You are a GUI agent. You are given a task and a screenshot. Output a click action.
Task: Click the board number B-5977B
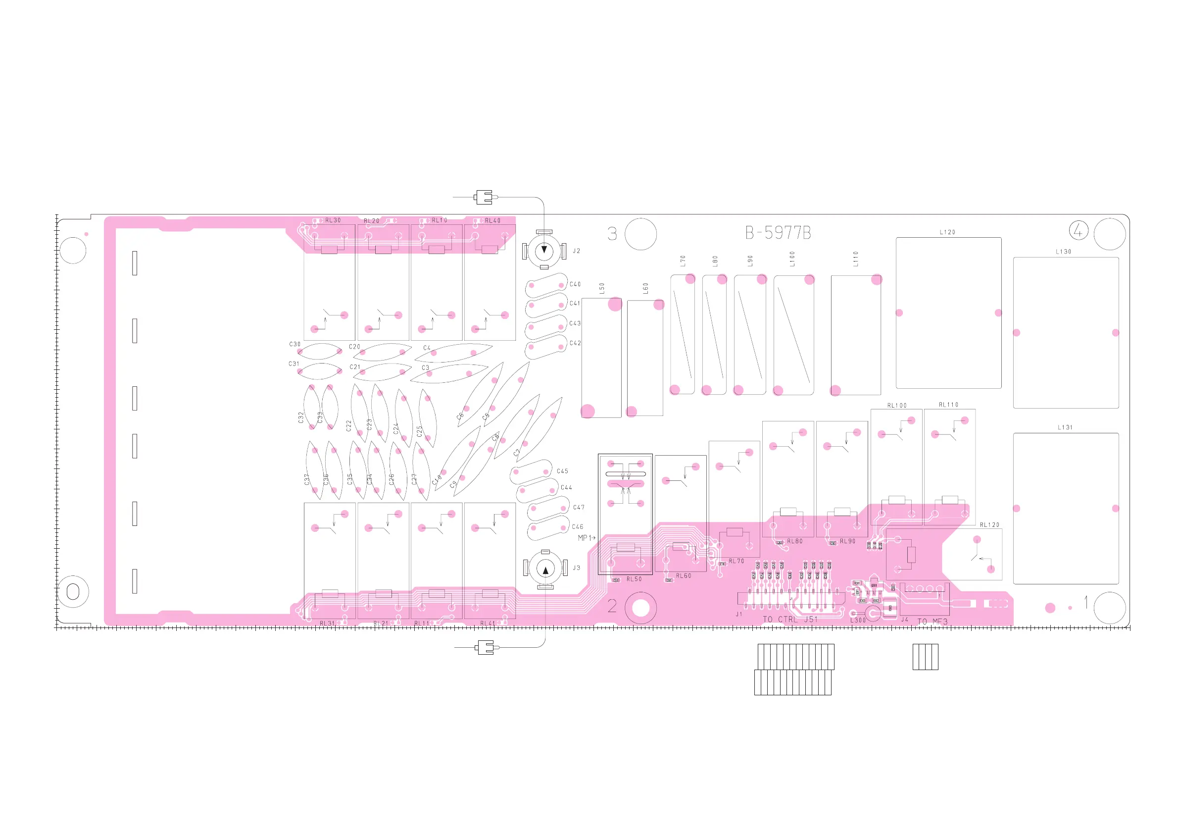[778, 233]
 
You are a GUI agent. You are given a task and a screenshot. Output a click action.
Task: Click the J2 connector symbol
[544, 251]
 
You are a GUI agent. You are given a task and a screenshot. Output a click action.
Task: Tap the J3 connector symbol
[545, 569]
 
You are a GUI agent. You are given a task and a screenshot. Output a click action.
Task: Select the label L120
[947, 232]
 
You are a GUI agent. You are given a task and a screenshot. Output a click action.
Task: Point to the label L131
[1065, 427]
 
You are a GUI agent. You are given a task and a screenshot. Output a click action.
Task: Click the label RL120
[989, 524]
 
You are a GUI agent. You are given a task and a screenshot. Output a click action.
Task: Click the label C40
[575, 284]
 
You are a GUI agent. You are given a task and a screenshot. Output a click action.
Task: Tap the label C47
[578, 507]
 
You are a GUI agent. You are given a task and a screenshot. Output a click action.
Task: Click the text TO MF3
[932, 622]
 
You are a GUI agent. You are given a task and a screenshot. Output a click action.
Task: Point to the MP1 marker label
[586, 538]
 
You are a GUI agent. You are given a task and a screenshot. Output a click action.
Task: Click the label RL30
[333, 220]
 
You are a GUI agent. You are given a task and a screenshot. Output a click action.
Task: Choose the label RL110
[948, 405]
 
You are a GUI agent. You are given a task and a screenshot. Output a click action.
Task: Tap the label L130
[1063, 252]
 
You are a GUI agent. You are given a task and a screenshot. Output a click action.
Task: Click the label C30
[294, 344]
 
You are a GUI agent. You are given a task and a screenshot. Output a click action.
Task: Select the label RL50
[634, 579]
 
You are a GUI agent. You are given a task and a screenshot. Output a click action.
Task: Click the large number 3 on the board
[612, 234]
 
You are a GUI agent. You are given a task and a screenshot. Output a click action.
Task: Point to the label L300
[858, 620]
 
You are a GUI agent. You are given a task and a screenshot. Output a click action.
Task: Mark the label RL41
[488, 623]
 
